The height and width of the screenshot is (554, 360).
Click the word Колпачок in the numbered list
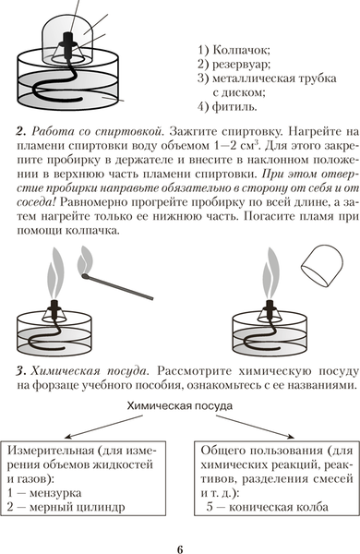(x=241, y=50)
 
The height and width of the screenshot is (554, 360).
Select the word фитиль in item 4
(x=234, y=106)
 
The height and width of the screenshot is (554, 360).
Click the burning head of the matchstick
(x=84, y=275)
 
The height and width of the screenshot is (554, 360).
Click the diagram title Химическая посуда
(x=180, y=406)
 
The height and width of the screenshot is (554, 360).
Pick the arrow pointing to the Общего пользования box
(x=255, y=427)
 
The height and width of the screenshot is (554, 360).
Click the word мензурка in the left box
(x=55, y=493)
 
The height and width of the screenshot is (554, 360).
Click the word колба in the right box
(x=312, y=507)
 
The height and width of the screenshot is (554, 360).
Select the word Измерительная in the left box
(x=51, y=451)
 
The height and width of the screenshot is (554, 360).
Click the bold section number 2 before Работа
(x=21, y=132)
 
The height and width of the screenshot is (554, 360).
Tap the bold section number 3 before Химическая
(x=21, y=372)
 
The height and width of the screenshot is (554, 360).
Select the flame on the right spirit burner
(x=270, y=274)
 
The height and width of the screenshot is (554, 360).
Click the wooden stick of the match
(x=121, y=288)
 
